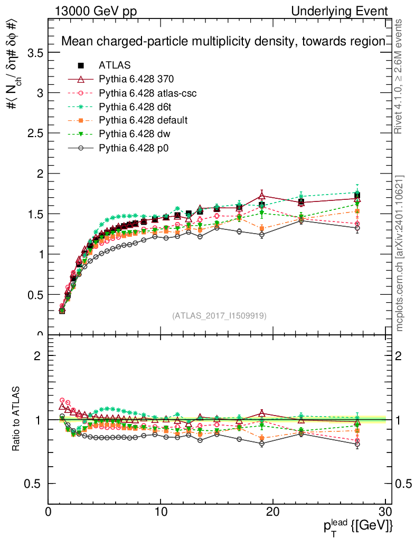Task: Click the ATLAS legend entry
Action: (x=114, y=65)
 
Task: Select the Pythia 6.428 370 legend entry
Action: (x=136, y=79)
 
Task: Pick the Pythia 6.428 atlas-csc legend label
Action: (x=148, y=93)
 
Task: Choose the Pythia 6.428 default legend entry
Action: (x=143, y=120)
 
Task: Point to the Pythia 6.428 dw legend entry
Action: (x=134, y=134)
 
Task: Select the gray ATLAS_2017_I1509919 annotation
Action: (x=219, y=316)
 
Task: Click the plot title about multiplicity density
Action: (x=223, y=42)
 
